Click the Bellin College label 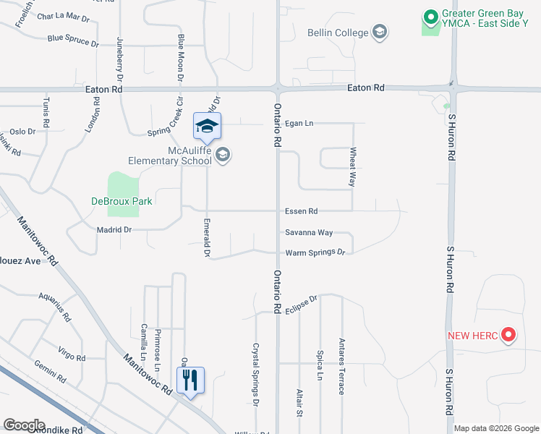338,32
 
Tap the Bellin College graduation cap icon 380,32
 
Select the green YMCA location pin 430,16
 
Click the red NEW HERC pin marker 508,334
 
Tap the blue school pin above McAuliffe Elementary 207,128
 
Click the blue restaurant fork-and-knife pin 190,380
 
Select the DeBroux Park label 122,201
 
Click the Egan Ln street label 299,124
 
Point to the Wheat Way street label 353,167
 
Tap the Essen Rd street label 302,211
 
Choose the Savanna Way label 309,232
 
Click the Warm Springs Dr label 315,252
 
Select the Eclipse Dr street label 300,302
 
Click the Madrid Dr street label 114,229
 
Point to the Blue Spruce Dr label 73,41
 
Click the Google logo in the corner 24,425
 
